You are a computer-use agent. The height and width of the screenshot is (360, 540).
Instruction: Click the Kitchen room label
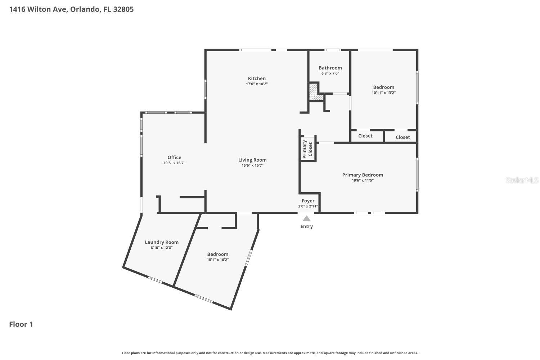click(257, 78)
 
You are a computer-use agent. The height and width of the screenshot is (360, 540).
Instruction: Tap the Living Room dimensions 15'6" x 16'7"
click(252, 166)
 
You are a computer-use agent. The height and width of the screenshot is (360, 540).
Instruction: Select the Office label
click(174, 157)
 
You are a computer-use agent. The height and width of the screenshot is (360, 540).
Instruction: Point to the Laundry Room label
click(162, 242)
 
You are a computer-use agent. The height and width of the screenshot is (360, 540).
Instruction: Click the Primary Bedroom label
click(363, 175)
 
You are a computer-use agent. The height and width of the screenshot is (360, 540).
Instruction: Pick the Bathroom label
click(330, 68)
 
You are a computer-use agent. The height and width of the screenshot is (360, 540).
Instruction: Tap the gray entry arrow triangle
click(307, 218)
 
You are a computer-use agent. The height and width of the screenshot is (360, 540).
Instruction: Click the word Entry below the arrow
click(307, 226)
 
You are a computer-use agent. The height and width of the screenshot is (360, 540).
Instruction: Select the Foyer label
click(308, 201)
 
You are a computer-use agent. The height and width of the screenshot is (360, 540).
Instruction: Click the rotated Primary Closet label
click(307, 149)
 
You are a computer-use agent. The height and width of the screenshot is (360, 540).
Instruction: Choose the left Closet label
click(365, 136)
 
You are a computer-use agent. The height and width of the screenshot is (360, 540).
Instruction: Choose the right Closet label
click(402, 137)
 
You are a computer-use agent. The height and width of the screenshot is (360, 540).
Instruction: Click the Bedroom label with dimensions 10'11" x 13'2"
click(383, 87)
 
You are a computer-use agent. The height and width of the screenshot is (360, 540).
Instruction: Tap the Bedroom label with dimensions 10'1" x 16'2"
click(217, 254)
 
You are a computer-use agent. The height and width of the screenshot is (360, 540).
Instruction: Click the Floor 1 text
click(21, 324)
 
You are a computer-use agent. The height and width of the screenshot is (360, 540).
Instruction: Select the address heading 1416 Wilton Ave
click(71, 9)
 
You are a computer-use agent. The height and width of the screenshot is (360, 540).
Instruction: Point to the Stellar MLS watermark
click(522, 180)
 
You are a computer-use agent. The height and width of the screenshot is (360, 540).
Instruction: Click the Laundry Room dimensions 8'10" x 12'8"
click(162, 248)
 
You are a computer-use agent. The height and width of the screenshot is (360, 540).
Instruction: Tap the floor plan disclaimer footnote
click(270, 353)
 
